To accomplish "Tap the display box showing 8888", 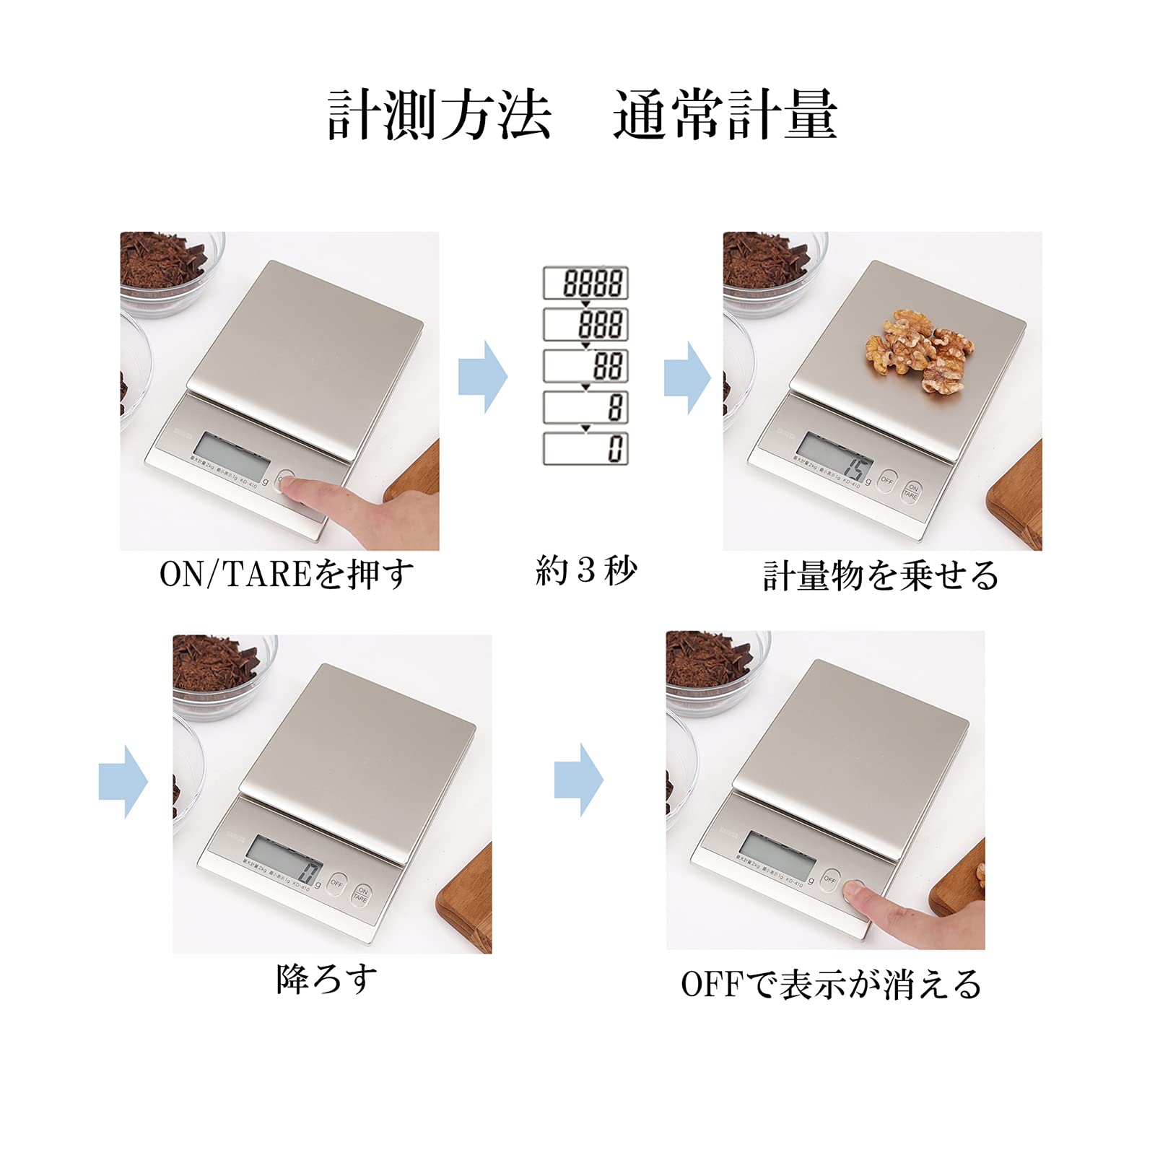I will [x=585, y=282].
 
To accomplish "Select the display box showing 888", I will [x=585, y=324].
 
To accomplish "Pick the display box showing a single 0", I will [x=585, y=448].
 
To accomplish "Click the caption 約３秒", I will [x=585, y=571].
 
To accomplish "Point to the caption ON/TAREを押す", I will [x=287, y=575].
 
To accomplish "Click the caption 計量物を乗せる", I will [x=881, y=576].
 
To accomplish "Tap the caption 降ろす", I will [x=327, y=980].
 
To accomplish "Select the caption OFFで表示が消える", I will [x=831, y=985].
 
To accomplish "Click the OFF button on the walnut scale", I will [x=887, y=480].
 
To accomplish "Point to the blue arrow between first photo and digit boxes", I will [x=483, y=377].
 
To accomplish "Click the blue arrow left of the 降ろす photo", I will [x=123, y=782].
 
